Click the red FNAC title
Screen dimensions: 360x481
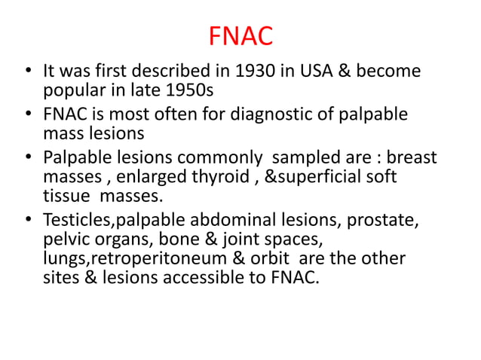pos(240,35)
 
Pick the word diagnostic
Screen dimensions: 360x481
pos(259,115)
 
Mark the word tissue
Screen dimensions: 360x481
pos(65,197)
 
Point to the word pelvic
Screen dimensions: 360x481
pos(64,240)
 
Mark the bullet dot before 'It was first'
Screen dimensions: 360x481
pos(27,73)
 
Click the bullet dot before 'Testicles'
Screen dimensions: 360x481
pos(27,221)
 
